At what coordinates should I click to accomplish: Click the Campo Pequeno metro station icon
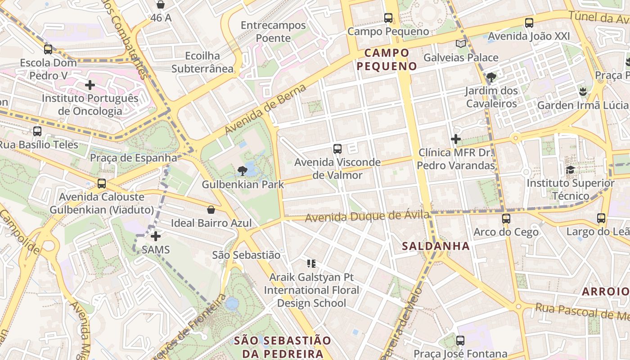point(388,18)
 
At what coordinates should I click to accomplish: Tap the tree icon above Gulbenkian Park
point(242,171)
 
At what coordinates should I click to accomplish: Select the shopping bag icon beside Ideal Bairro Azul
point(211,210)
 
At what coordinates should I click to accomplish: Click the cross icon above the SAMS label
point(156,236)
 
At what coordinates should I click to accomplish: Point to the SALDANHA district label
point(436,246)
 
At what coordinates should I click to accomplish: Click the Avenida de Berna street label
point(265,109)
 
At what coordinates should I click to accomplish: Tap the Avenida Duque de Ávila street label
point(367,216)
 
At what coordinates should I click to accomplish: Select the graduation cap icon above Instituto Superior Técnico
point(570,170)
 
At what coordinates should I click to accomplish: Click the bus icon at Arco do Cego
point(506,219)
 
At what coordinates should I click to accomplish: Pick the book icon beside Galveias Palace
point(461,44)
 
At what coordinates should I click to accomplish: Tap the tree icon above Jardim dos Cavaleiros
point(491,77)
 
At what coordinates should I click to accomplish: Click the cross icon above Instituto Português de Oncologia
point(90,85)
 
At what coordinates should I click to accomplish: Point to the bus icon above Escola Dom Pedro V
point(48,49)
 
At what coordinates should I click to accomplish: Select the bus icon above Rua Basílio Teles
point(37,131)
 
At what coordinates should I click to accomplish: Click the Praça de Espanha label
point(134,158)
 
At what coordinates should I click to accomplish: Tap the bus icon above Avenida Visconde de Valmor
point(337,149)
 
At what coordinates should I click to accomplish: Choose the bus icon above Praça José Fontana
point(460,341)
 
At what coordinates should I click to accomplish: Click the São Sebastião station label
point(246,255)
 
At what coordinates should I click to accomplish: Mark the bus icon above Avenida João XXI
point(529,23)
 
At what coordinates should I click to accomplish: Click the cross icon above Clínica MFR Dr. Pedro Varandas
point(456,139)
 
